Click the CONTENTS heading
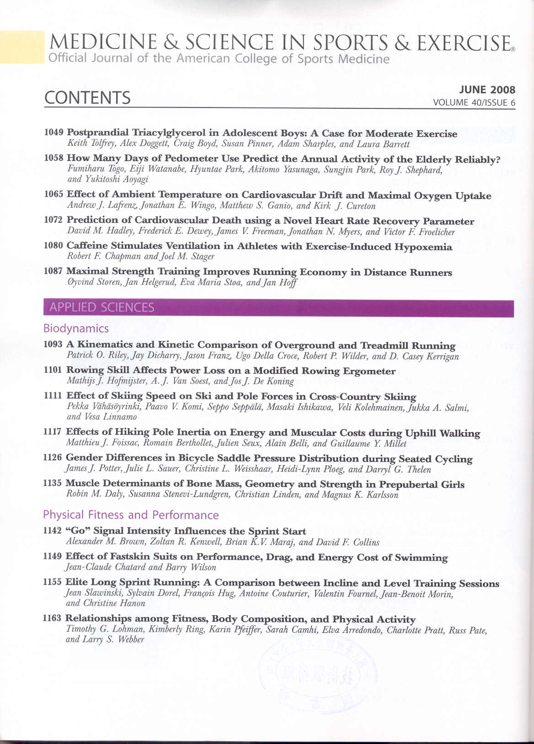[87, 98]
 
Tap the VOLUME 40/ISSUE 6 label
[474, 102]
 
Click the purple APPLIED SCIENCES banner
[278, 308]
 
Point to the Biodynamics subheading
[76, 328]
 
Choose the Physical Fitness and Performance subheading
[131, 515]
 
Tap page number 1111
[53, 396]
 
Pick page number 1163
[52, 618]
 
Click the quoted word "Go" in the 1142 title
[77, 531]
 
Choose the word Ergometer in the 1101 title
[370, 371]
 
